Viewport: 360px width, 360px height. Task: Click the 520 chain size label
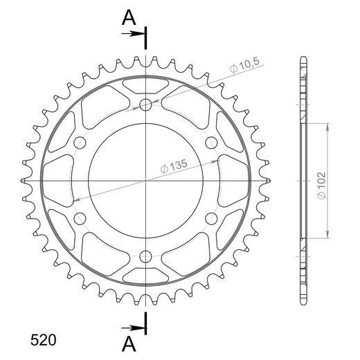click(x=43, y=340)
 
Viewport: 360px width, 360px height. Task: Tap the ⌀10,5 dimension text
click(x=245, y=65)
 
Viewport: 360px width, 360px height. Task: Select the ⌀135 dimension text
click(x=174, y=166)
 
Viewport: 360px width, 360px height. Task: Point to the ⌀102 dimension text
click(x=321, y=186)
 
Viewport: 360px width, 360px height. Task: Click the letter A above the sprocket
click(x=129, y=18)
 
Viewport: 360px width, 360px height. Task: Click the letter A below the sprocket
click(x=129, y=343)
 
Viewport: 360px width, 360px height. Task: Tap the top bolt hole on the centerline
click(x=145, y=105)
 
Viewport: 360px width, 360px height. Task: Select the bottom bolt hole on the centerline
click(x=145, y=256)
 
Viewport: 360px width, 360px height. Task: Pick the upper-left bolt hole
click(x=80, y=143)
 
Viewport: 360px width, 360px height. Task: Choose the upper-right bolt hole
click(x=211, y=143)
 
